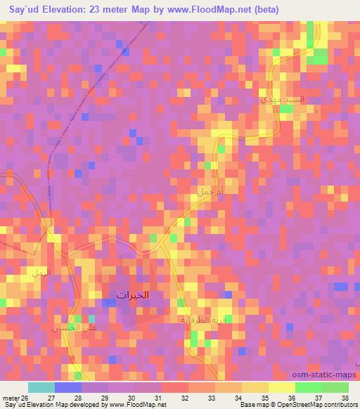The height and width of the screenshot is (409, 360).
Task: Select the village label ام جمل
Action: coord(211,190)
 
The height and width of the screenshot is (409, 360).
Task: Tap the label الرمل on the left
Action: coord(39,271)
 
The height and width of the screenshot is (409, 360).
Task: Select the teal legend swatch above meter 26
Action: coord(41,387)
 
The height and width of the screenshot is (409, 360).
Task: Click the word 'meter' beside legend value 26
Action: coord(10,398)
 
